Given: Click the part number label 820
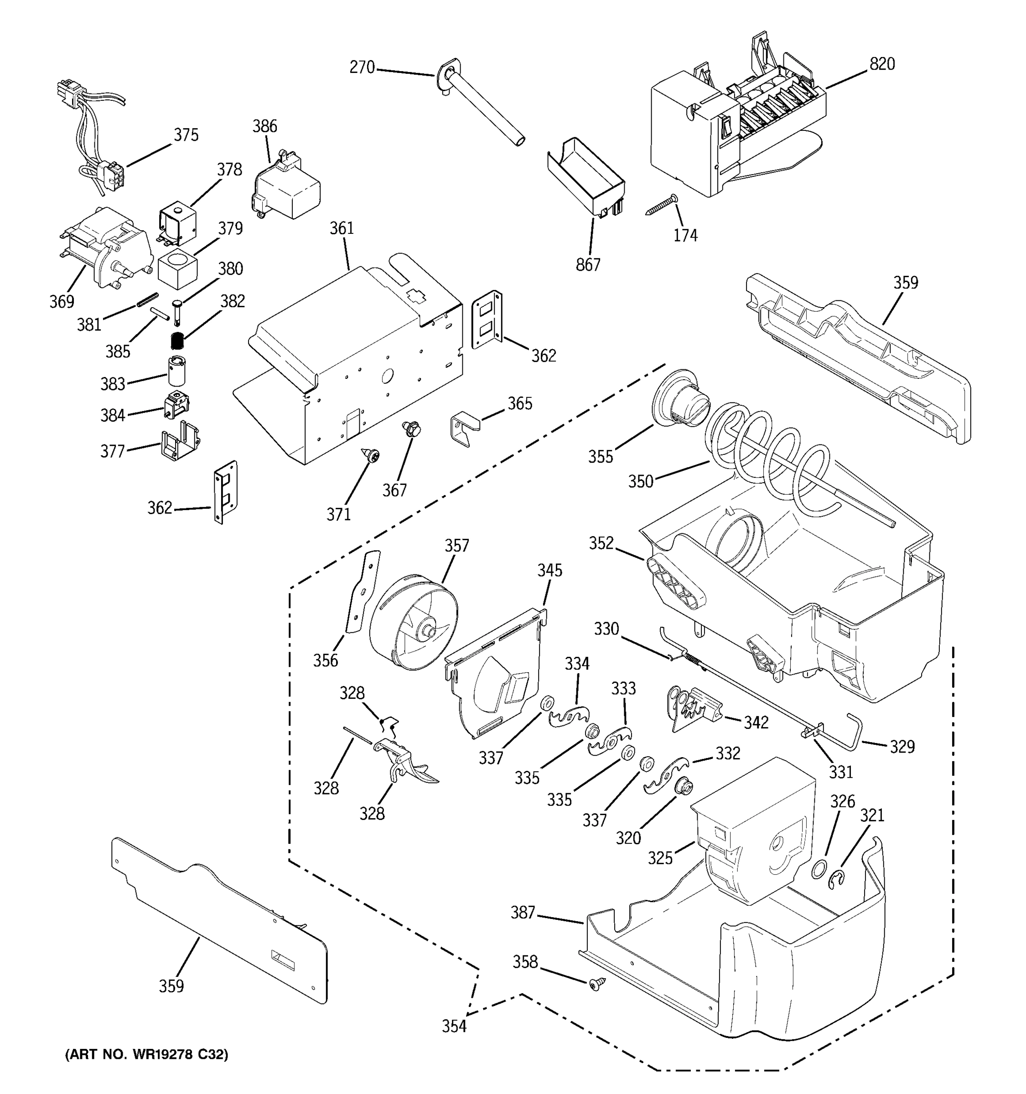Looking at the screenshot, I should tap(882, 64).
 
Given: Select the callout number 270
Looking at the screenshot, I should tap(362, 67).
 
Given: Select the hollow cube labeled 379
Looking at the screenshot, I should tap(177, 268).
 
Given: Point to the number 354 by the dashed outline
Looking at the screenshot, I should tap(455, 1026).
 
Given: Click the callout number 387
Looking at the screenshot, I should tap(523, 913).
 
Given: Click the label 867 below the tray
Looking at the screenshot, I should tap(588, 265).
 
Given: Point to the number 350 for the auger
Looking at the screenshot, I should tap(641, 481).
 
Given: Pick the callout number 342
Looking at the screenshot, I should tap(756, 722).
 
